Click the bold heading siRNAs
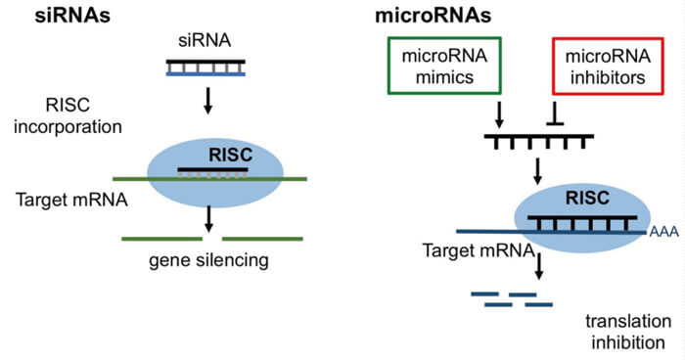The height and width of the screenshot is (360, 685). point(72,16)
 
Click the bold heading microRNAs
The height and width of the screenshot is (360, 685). point(433,16)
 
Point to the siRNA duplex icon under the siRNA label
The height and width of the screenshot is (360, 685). point(205,67)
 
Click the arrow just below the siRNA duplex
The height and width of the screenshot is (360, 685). point(208,101)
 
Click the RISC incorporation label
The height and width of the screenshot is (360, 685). point(68,115)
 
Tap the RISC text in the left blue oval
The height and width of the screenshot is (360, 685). point(231,155)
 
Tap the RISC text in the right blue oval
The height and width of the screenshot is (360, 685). point(587,198)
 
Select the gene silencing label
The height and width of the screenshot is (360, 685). point(208,260)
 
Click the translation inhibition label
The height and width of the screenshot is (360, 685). point(628,332)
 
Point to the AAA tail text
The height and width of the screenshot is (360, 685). point(664,232)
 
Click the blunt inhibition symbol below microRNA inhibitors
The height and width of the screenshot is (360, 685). point(555,113)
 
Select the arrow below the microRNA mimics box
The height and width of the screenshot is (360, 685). point(499,114)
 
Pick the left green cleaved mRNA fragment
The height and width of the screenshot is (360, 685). point(162,239)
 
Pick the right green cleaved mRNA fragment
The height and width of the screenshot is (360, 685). point(262,239)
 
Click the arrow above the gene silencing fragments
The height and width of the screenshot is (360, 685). point(208,218)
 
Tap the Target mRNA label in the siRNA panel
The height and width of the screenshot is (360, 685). point(72,200)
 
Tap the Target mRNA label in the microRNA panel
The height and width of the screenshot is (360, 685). point(479,250)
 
